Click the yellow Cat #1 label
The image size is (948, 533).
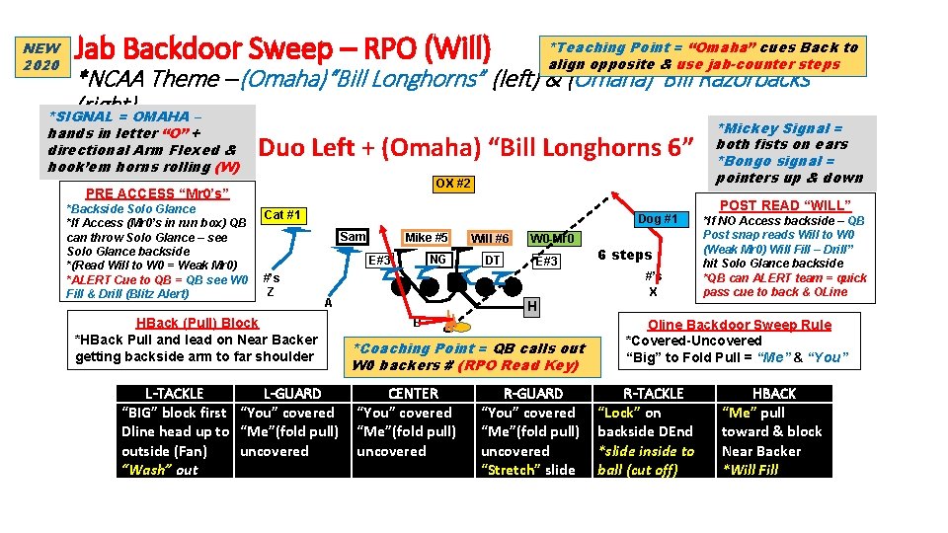point(283,215)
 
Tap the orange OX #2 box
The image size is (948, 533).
point(453,184)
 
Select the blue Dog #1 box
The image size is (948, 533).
point(657,218)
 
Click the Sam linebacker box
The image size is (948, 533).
point(354,236)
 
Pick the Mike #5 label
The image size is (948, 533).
point(427,237)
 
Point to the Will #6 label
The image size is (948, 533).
point(490,238)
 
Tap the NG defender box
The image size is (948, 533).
point(436,260)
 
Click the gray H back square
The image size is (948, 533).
point(531,307)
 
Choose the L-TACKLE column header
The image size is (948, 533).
point(175,393)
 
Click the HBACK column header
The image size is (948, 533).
point(773,393)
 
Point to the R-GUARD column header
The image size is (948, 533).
point(529,393)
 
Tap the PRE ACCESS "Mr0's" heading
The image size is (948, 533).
point(157,193)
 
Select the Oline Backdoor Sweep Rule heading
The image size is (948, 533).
point(739,324)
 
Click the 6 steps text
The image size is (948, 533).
point(625,255)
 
